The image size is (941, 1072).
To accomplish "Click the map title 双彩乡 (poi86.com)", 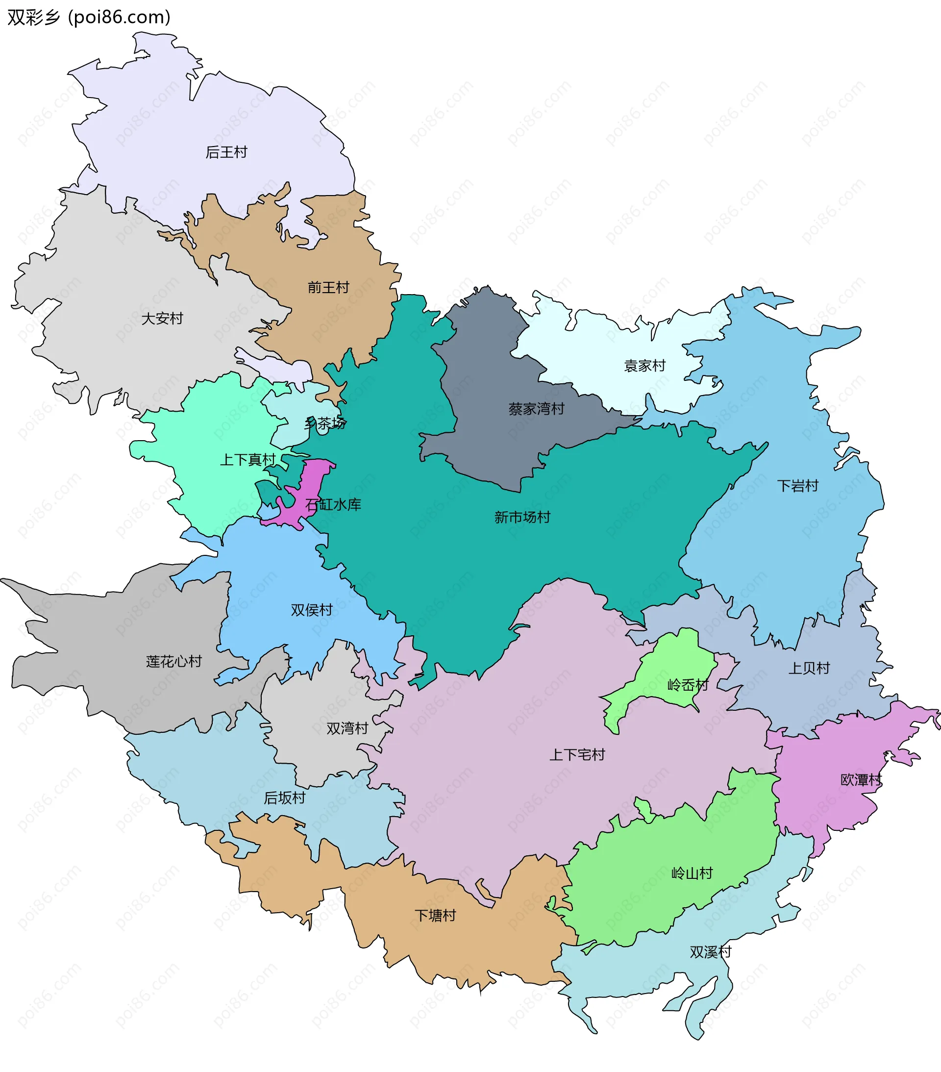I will pyautogui.click(x=89, y=17).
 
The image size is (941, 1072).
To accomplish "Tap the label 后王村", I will pyautogui.click(x=226, y=152).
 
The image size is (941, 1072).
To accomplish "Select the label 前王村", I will pyautogui.click(x=328, y=287).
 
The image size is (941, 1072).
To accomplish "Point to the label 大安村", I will pyautogui.click(x=162, y=318).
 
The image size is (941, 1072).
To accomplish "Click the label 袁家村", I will pyautogui.click(x=644, y=366).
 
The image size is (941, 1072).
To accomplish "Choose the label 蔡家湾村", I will pyautogui.click(x=536, y=409).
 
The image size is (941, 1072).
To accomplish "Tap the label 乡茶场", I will pyautogui.click(x=325, y=423).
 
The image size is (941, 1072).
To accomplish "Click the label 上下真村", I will pyautogui.click(x=248, y=460).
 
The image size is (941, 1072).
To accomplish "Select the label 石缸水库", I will pyautogui.click(x=333, y=505).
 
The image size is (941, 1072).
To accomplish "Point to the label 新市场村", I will pyautogui.click(x=522, y=518).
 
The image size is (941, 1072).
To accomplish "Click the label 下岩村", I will pyautogui.click(x=797, y=486).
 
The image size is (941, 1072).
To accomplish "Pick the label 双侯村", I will pyautogui.click(x=312, y=610).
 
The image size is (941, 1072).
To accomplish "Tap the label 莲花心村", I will pyautogui.click(x=173, y=661).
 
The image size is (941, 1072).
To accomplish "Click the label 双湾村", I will pyautogui.click(x=347, y=728).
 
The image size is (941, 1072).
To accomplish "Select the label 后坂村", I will pyautogui.click(x=284, y=798).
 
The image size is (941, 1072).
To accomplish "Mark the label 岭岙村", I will pyautogui.click(x=688, y=685).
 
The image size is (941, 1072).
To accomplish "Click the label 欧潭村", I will pyautogui.click(x=861, y=780).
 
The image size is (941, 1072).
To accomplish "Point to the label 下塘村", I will pyautogui.click(x=435, y=916).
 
